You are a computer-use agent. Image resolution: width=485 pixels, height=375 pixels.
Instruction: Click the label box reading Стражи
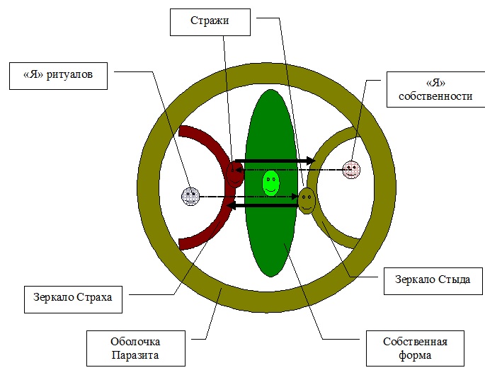[x=211, y=22]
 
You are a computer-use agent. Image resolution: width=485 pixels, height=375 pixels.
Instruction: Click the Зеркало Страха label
[x=73, y=299]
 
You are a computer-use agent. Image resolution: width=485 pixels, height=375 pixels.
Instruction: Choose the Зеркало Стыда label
[x=432, y=279]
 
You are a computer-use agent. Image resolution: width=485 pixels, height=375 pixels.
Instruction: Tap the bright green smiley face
[x=270, y=183]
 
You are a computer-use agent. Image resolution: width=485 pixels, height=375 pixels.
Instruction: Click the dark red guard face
[x=234, y=172]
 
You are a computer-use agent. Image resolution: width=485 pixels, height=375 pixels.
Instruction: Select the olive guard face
[x=306, y=200]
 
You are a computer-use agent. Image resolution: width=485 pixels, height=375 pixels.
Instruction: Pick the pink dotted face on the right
[x=351, y=170]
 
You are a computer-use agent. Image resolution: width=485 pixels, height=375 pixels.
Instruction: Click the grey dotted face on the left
[x=190, y=195]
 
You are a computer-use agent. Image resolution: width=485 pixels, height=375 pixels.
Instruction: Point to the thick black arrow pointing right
[x=276, y=161]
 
